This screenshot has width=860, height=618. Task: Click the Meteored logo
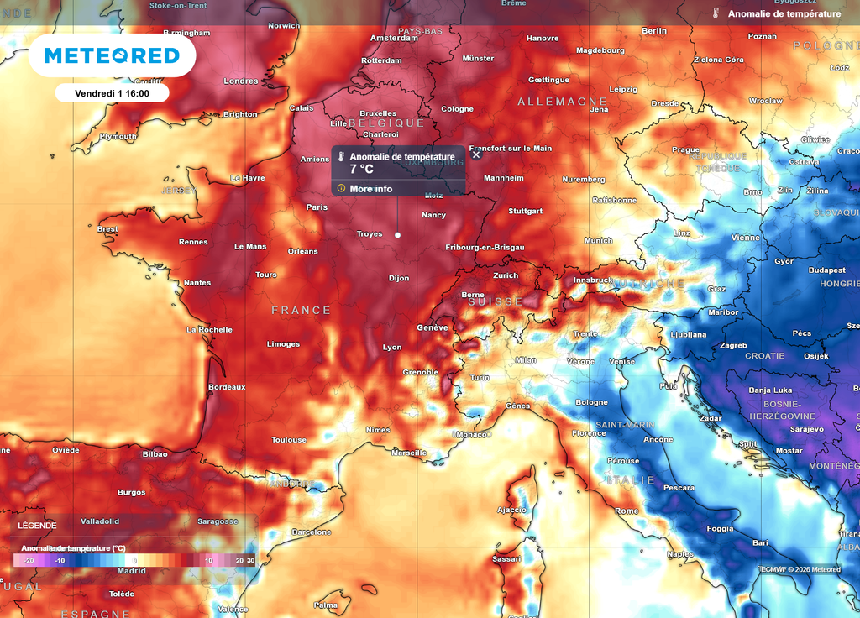[112, 55]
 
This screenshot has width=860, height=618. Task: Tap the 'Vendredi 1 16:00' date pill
[112, 93]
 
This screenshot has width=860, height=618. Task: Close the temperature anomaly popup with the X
[476, 154]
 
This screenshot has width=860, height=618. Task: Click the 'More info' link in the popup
[370, 189]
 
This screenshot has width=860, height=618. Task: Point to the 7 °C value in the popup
[361, 170]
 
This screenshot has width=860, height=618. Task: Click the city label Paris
[317, 207]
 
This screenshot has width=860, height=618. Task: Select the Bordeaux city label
[227, 387]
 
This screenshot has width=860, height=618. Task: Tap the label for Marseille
[409, 453]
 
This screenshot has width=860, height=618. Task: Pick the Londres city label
[241, 81]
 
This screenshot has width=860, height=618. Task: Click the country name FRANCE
[301, 311]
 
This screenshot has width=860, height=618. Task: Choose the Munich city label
[598, 241]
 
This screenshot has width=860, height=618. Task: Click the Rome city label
[627, 511]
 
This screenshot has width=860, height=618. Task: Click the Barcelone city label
[311, 532]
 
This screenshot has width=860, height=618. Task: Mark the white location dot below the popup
[397, 235]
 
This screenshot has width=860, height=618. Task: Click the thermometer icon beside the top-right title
[716, 13]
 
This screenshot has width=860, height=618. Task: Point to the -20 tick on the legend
[28, 560]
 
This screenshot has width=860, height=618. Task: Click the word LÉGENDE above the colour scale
[37, 526]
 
